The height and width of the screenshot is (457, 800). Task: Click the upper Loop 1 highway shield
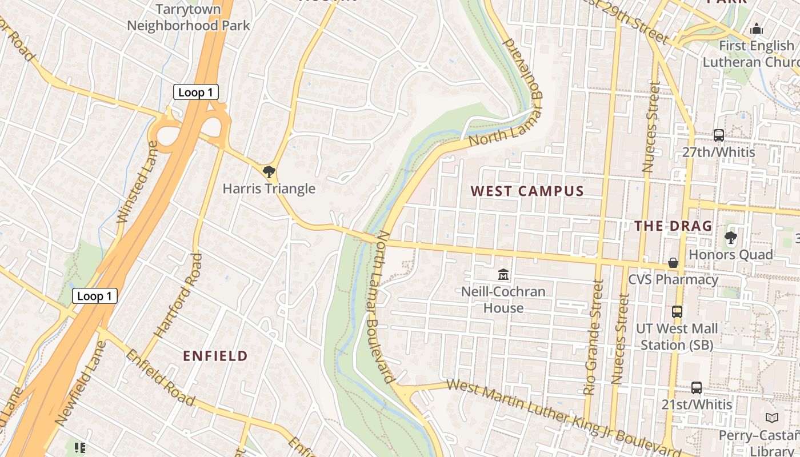(x=196, y=92)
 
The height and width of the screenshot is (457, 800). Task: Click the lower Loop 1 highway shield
(x=95, y=295)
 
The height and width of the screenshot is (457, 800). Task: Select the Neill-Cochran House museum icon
(x=503, y=275)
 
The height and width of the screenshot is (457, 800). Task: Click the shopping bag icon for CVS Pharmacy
(x=673, y=263)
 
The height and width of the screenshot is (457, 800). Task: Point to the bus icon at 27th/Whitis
(x=719, y=135)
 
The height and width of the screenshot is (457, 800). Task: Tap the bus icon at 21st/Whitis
(x=696, y=387)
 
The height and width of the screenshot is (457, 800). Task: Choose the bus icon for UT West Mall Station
(x=677, y=312)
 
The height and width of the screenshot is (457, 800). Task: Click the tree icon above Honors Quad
(x=730, y=237)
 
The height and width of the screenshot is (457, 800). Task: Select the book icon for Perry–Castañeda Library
(x=772, y=418)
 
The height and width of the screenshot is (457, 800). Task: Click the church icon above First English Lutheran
(x=757, y=29)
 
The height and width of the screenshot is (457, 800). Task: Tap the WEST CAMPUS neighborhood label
(x=527, y=191)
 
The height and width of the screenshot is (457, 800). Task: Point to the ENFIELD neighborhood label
(x=215, y=356)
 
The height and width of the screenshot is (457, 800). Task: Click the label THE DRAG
(x=673, y=226)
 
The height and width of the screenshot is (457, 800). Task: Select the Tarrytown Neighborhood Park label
(x=189, y=17)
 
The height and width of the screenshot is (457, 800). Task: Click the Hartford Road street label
(x=179, y=296)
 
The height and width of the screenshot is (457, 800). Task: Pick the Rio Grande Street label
(x=594, y=337)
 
